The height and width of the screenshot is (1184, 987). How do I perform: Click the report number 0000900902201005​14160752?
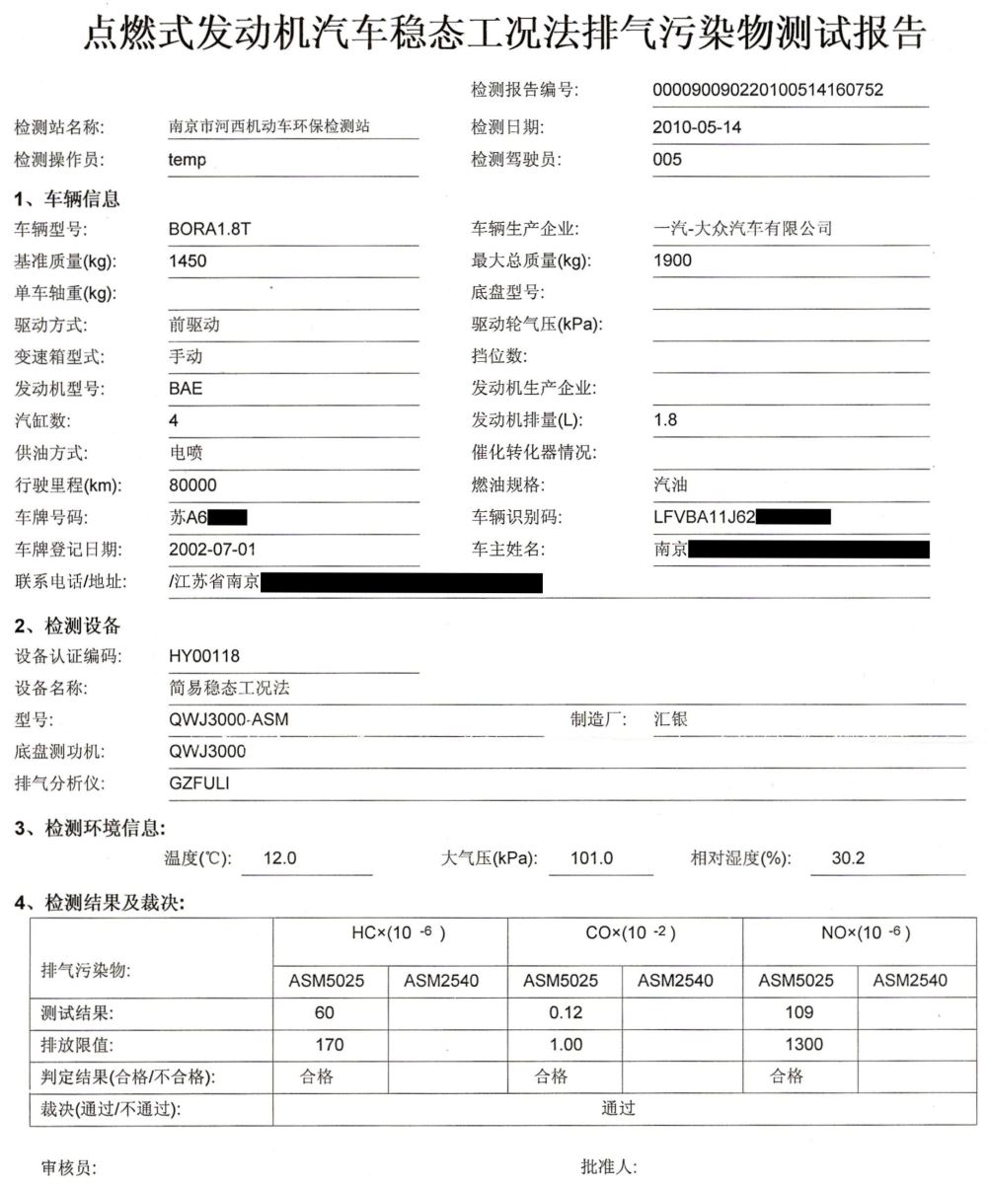tap(768, 91)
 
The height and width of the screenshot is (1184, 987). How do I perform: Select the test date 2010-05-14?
tap(697, 127)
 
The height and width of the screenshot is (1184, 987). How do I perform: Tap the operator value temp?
tap(188, 160)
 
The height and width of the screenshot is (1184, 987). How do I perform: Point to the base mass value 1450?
tap(188, 260)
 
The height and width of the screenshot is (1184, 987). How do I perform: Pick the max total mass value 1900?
tap(672, 260)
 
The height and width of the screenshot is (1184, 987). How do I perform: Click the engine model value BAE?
tap(186, 388)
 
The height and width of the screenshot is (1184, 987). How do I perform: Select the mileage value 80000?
tap(192, 484)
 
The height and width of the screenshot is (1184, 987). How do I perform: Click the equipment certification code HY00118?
tap(204, 655)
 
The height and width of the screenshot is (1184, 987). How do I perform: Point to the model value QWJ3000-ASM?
tap(229, 719)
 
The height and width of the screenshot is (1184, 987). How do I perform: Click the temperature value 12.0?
tap(279, 858)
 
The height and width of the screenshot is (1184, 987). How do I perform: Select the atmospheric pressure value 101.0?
tap(592, 858)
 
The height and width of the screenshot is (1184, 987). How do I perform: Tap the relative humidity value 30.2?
tap(848, 858)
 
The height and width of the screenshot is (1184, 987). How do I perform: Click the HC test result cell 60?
tap(325, 1012)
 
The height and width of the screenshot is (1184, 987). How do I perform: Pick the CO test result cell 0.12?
tap(566, 1012)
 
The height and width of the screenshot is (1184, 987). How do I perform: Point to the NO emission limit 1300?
tap(799, 1044)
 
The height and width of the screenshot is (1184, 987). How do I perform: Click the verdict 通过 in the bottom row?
tap(618, 1108)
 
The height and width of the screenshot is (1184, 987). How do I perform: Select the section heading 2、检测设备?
tap(67, 626)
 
